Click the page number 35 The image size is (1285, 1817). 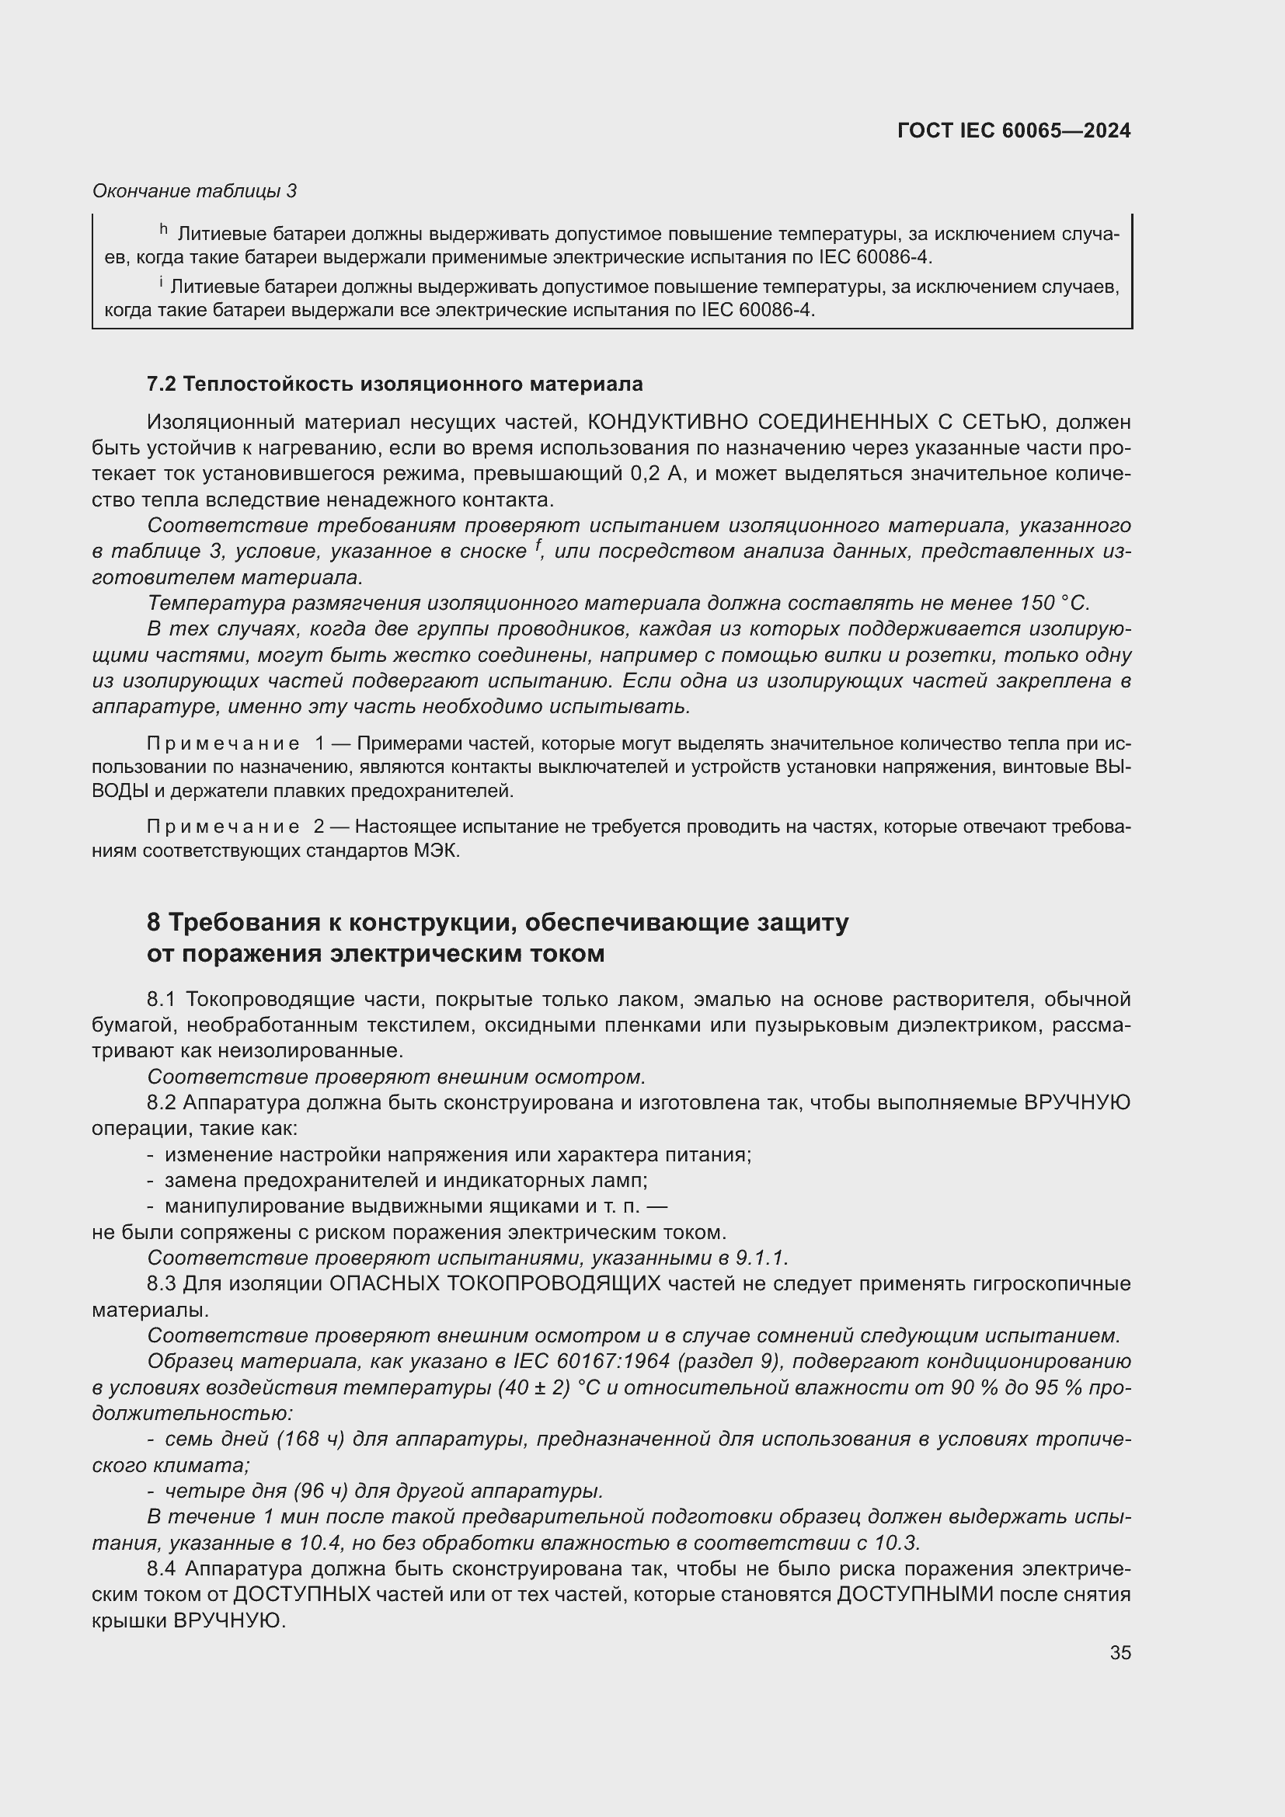(1120, 1652)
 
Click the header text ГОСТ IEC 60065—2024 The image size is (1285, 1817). (1014, 131)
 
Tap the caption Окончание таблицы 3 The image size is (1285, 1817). (195, 191)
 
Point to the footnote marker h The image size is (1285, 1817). (164, 229)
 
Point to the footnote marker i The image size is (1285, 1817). (162, 282)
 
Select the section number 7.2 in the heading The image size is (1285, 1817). (162, 385)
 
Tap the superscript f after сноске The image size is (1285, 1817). (538, 545)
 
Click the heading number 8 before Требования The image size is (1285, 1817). (154, 923)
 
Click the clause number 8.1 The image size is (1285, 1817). (163, 1000)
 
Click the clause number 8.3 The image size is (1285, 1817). (163, 1283)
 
